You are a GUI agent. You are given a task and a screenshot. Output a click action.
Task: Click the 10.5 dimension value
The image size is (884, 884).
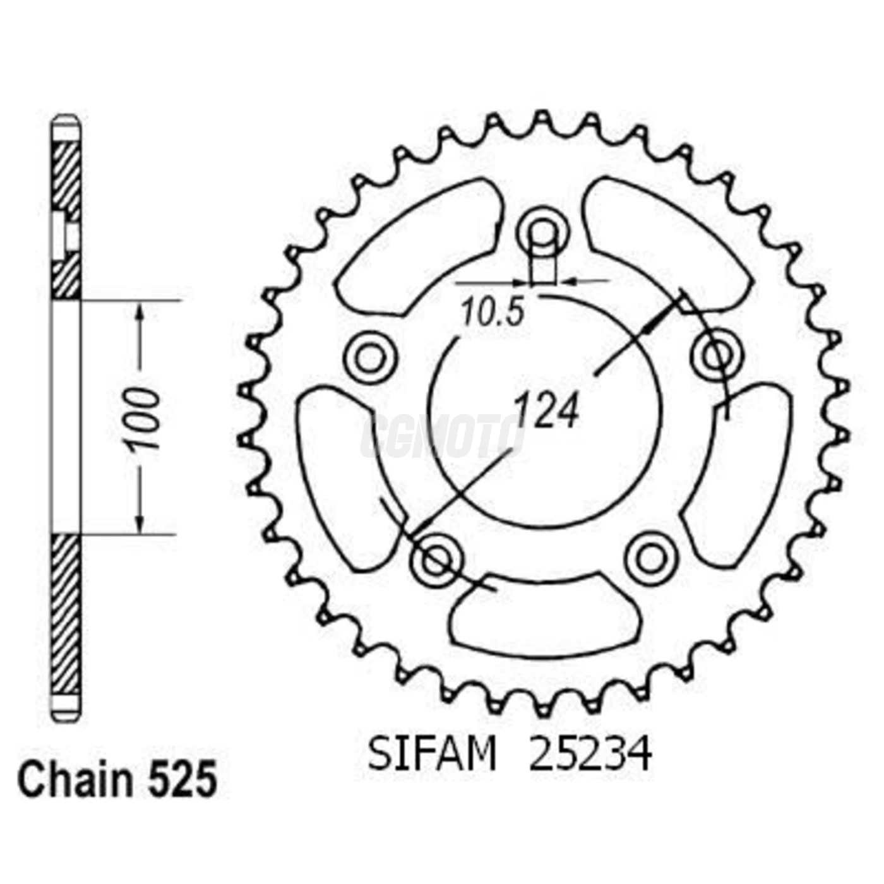(x=493, y=312)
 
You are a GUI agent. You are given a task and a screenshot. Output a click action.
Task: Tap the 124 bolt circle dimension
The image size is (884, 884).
(x=547, y=411)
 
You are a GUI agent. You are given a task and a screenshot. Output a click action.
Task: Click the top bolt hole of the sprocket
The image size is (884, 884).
(x=543, y=232)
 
